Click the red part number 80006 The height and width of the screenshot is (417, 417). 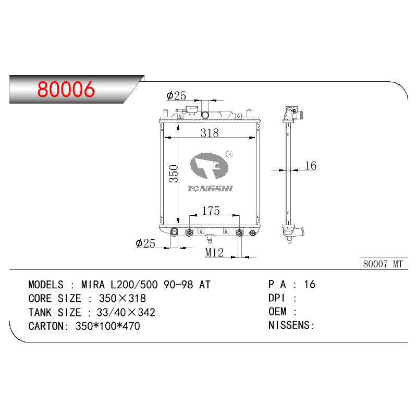[66, 89]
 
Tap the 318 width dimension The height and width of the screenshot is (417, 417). [210, 133]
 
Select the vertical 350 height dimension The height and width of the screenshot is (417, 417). [174, 174]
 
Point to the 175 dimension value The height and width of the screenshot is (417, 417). [211, 211]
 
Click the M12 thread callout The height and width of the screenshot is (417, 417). [214, 252]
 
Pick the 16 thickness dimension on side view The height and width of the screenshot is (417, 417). [311, 166]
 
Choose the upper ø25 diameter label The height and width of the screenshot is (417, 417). [176, 96]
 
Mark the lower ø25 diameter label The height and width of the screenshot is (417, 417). [145, 243]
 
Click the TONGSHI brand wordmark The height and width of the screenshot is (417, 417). [210, 189]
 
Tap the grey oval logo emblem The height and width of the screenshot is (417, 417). [210, 166]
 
